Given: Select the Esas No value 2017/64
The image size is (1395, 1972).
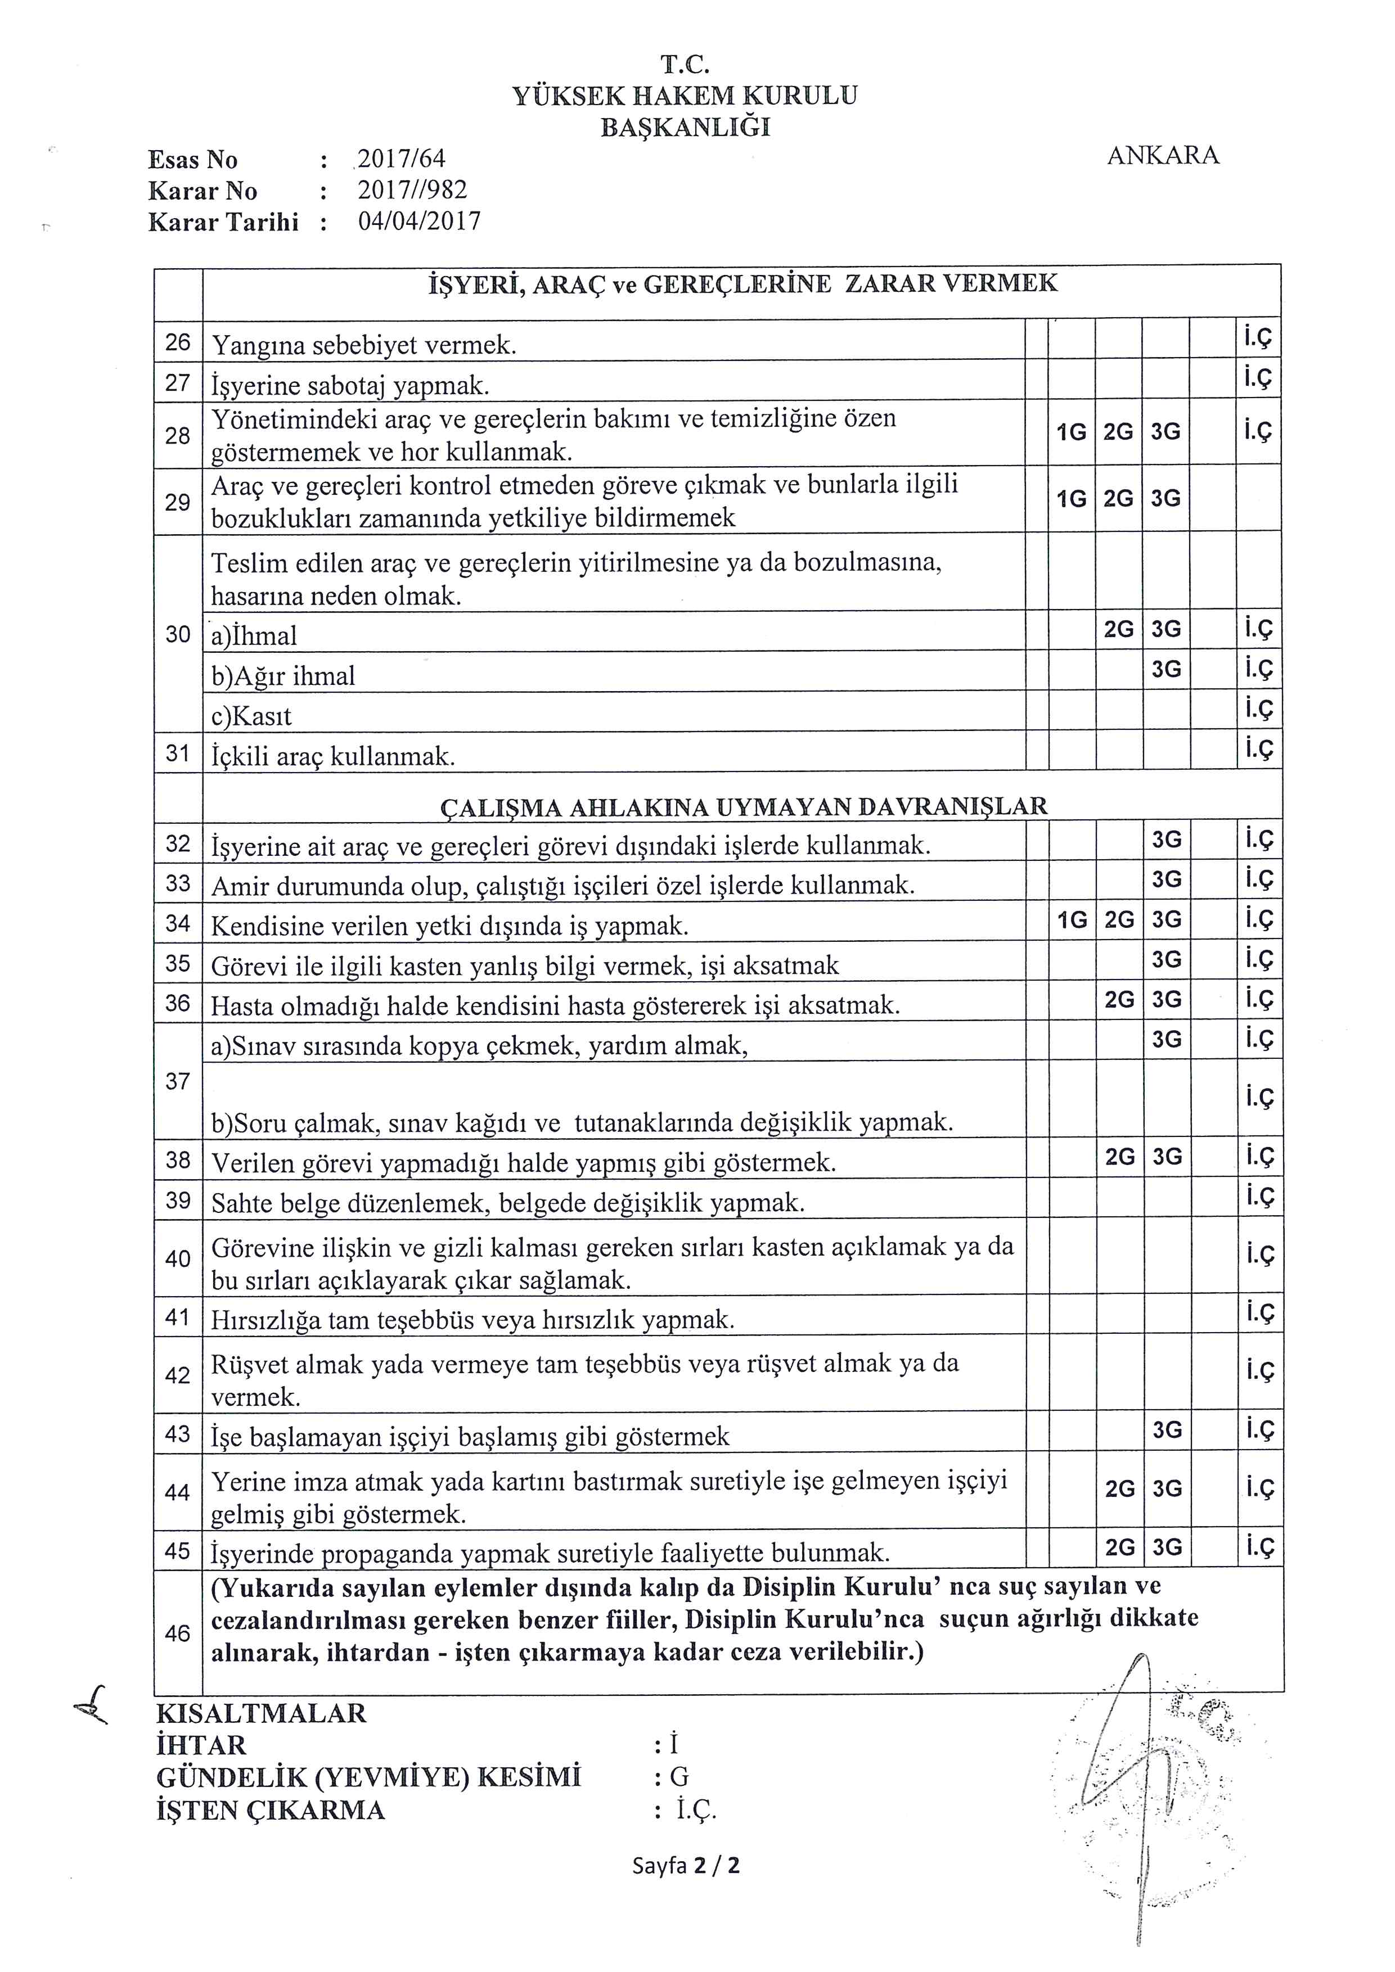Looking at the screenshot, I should tap(401, 159).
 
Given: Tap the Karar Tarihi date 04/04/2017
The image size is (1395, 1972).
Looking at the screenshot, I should tap(419, 222).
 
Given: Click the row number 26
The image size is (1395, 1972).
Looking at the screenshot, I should tap(178, 342).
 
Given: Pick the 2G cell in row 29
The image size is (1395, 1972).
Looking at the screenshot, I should tap(1118, 499).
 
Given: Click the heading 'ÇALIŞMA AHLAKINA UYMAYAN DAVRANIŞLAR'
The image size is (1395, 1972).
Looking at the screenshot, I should tap(743, 806).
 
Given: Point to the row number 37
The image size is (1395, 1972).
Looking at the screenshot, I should tap(178, 1081).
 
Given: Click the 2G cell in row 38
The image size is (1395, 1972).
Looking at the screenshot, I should tap(1119, 1157).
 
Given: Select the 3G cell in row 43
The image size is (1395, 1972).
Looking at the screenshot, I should tap(1167, 1430).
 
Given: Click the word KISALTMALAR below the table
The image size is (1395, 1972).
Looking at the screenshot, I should tap(261, 1713).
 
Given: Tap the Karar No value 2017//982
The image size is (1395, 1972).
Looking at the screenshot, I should tap(412, 190).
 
